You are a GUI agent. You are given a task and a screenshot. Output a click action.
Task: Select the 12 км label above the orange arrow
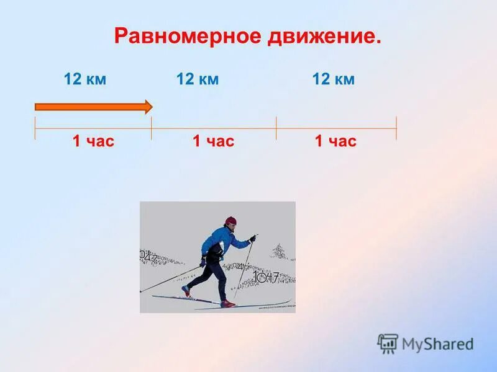[x=85, y=79]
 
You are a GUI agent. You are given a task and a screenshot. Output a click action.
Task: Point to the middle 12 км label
[x=198, y=79]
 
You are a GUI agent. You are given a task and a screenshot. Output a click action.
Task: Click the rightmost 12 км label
[x=333, y=79]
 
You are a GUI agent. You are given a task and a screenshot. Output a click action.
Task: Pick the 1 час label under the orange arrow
[x=93, y=141]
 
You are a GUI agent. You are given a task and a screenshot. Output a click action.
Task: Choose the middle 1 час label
[x=213, y=141]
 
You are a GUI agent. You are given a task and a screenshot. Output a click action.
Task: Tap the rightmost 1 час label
[x=335, y=141]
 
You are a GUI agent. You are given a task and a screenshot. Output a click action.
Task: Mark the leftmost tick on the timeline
[x=35, y=128]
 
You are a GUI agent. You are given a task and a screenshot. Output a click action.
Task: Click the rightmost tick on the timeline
[x=396, y=128]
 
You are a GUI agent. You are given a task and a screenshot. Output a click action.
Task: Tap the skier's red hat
[x=231, y=221]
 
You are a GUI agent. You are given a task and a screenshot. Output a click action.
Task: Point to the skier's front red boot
[x=227, y=303]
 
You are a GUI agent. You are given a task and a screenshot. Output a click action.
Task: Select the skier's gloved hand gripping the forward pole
[x=252, y=238]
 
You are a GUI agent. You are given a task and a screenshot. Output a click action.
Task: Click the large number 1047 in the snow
[x=266, y=277]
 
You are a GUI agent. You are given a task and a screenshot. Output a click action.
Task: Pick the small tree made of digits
[x=279, y=251]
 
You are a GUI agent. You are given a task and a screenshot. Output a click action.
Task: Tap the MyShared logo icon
[x=388, y=343]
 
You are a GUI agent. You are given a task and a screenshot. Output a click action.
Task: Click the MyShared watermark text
[x=437, y=344]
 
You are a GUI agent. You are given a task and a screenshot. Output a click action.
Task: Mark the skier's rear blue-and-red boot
[x=186, y=291]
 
